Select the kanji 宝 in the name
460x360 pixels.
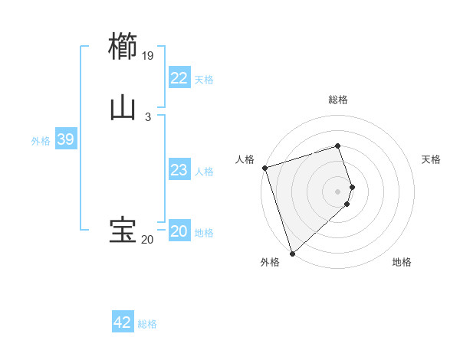pos(123,231)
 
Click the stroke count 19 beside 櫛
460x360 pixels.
pos(148,56)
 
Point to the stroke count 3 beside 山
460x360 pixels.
pos(148,116)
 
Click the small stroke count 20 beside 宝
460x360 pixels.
pos(147,240)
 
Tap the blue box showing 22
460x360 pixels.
pos(179,78)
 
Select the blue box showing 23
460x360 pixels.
pos(179,170)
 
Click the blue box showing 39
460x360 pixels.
pos(65,139)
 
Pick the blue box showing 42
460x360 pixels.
pos(123,322)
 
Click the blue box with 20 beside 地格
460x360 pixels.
pos(179,231)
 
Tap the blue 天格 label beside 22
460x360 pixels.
pos(204,80)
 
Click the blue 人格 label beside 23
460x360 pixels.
pos(204,172)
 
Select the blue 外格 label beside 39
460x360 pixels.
pos(41,141)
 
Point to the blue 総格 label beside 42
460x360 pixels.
pos(147,324)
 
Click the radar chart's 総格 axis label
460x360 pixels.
pos(338,100)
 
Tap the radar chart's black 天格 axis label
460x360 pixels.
pos(431,159)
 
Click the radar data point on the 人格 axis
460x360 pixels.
pos(264,168)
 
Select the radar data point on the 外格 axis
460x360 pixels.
pos(292,253)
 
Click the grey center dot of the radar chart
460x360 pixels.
pos(338,191)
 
